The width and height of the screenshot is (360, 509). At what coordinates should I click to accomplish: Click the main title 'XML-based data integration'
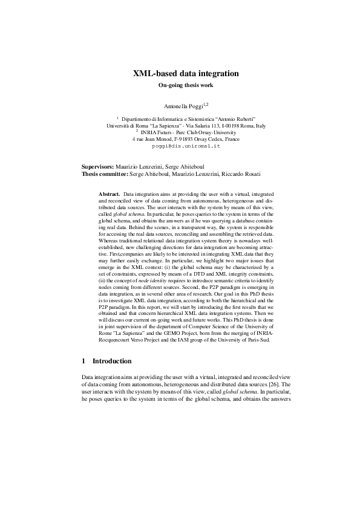(186, 74)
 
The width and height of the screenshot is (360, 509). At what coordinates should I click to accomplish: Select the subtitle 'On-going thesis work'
(186, 86)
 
